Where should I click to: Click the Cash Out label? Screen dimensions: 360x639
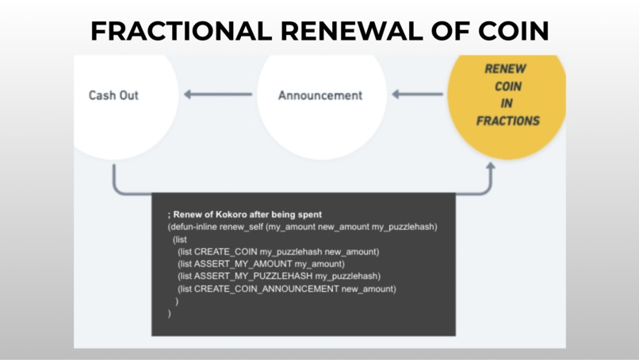click(113, 95)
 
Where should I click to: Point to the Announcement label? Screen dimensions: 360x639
click(320, 95)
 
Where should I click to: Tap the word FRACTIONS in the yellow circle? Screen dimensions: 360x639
click(508, 121)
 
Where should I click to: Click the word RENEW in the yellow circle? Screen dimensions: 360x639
click(505, 69)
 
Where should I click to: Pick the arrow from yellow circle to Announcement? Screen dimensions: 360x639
click(417, 95)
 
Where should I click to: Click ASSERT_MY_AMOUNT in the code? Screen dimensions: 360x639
click(243, 263)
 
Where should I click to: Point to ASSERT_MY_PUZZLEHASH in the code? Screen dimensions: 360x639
click(253, 276)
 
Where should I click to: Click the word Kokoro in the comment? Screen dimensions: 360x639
click(231, 215)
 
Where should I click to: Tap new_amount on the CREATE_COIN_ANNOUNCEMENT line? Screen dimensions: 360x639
click(369, 289)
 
